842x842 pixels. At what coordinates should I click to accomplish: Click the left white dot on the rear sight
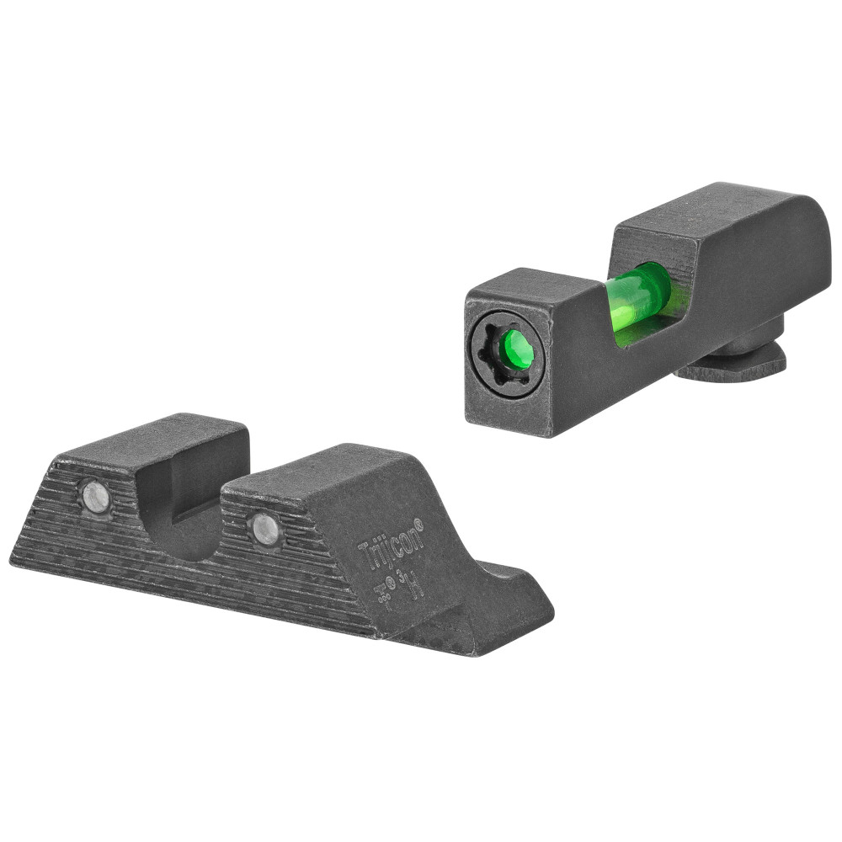pos(95,496)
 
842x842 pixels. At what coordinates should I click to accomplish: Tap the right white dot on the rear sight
pos(266,528)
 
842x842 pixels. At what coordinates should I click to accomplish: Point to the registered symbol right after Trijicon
pos(418,524)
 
